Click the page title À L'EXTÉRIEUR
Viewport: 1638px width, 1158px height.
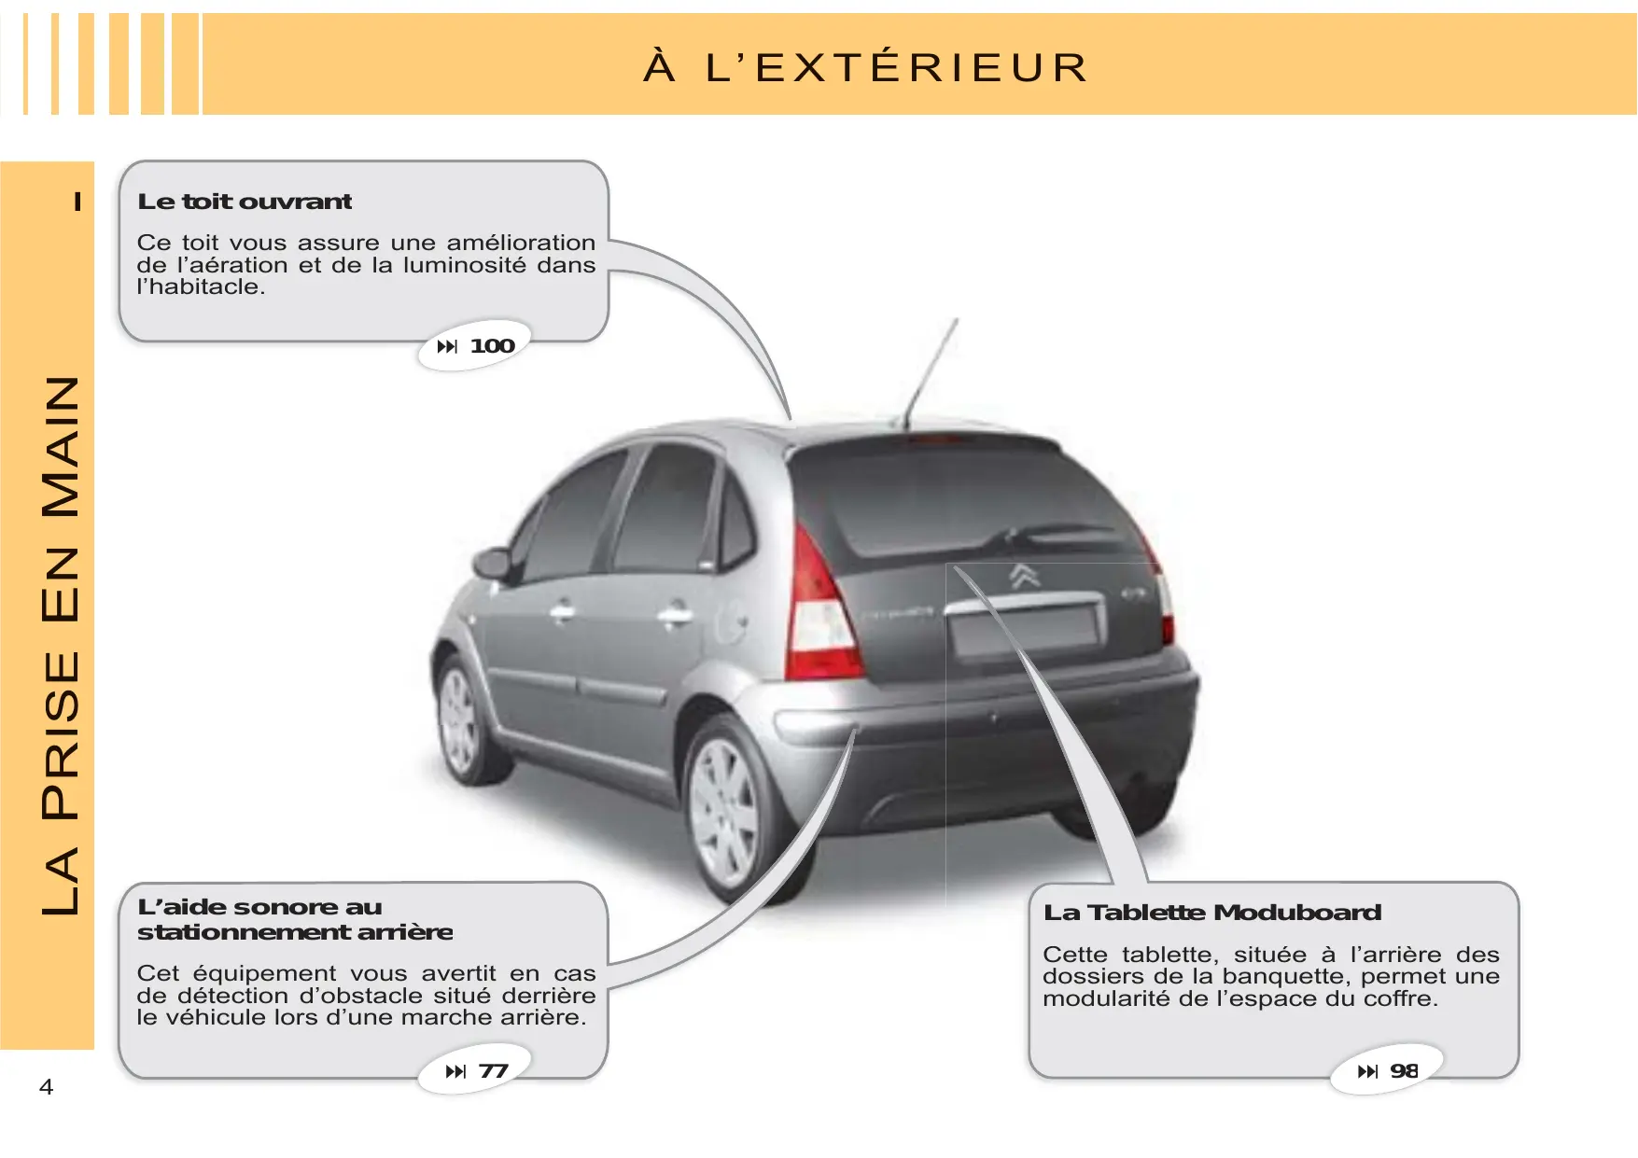[x=866, y=67]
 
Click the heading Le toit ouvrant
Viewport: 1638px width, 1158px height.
[x=245, y=202]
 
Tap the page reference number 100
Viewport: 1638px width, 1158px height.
[x=492, y=346]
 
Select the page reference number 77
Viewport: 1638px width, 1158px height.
[x=493, y=1071]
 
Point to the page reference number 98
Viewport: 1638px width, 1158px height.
[x=1404, y=1071]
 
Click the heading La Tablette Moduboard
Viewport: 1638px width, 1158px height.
[x=1212, y=913]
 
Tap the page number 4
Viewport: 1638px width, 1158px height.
[x=46, y=1086]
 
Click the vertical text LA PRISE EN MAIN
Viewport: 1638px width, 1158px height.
[x=61, y=644]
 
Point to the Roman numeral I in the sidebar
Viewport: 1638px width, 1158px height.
[x=77, y=202]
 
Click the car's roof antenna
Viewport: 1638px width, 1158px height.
[x=931, y=373]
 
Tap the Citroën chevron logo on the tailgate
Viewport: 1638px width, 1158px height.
[x=1025, y=576]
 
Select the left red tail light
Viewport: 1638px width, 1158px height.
[x=819, y=611]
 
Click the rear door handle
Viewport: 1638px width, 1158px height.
[x=674, y=615]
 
